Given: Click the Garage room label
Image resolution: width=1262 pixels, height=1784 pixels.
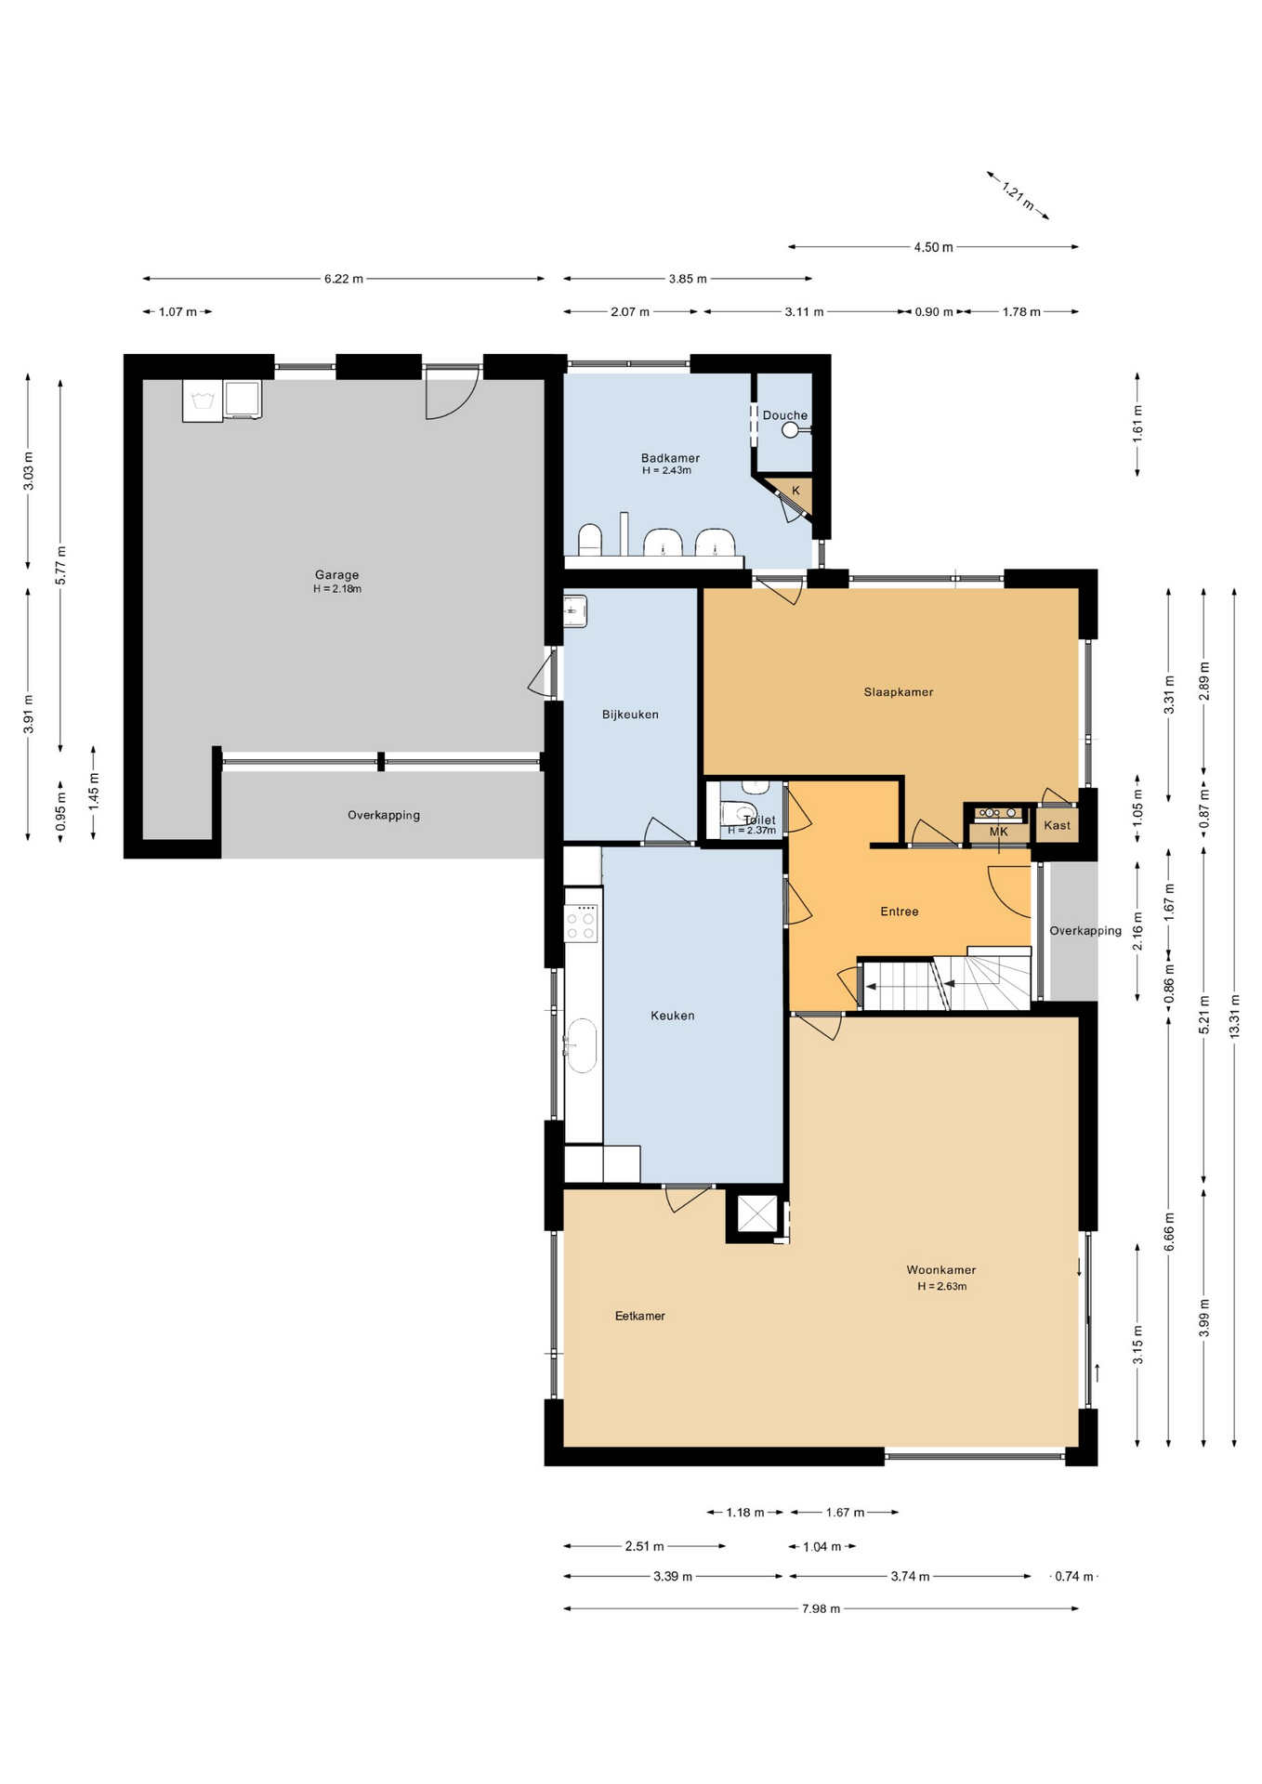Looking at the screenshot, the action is coord(336,575).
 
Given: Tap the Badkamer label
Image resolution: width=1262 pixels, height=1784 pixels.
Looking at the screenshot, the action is coord(670,458).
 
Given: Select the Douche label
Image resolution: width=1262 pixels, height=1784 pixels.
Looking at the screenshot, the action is coord(785,415).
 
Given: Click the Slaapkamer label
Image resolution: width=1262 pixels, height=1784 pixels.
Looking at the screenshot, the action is coord(899,692).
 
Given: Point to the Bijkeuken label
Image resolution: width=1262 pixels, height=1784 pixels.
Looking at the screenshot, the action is coord(630,715).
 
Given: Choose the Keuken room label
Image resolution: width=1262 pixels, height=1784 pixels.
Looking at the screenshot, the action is coord(673,1016).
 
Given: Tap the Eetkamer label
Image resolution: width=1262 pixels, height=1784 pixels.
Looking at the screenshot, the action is coord(640,1316).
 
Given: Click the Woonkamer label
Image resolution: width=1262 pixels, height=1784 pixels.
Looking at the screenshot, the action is coord(941,1270).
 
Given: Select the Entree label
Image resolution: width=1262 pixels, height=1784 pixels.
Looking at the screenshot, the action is coord(900,912).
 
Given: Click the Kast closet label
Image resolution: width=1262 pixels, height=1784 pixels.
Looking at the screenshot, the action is coord(1058,825).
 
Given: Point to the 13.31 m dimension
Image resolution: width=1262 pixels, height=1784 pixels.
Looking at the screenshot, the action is coord(1235,1016).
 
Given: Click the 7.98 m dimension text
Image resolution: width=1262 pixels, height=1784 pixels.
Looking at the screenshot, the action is coord(822,1608).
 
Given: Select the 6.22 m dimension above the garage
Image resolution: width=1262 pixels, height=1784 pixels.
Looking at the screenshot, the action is coord(344,279).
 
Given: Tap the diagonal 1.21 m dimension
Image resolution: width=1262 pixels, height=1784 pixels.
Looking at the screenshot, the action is coord(1018,195).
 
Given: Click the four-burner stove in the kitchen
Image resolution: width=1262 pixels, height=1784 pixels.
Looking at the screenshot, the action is coord(582,923).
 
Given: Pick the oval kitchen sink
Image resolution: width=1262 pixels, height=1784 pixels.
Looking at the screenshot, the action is coord(582,1045).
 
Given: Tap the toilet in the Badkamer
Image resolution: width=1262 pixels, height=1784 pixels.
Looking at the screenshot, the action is coord(590,540).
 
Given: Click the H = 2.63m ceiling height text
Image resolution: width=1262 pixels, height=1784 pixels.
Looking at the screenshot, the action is coord(942,1287).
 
